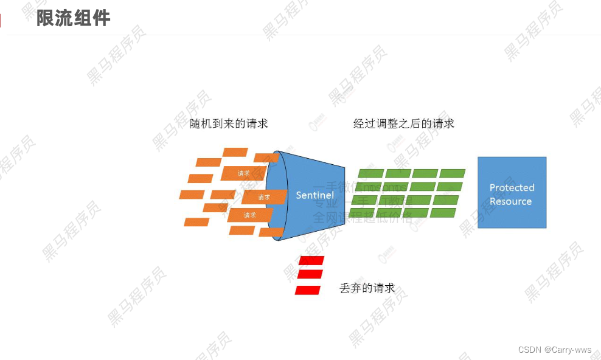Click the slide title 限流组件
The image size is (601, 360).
(73, 18)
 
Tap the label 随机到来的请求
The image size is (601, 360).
(229, 123)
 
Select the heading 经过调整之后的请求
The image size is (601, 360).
(404, 123)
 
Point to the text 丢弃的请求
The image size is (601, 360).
(367, 288)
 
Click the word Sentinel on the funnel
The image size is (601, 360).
(314, 195)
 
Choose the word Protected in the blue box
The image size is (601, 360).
(512, 187)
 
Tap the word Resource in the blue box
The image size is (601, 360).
(510, 201)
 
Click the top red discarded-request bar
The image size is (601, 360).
(312, 261)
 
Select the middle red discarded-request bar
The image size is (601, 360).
(310, 274)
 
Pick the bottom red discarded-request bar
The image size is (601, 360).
(308, 290)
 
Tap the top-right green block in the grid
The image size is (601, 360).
(453, 173)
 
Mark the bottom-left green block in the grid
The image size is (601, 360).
(362, 213)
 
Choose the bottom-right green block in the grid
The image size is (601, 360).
(443, 213)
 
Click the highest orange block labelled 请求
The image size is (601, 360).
(243, 173)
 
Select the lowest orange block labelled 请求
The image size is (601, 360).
(250, 215)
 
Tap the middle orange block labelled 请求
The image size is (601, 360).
(264, 197)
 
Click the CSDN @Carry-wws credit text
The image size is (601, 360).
(555, 350)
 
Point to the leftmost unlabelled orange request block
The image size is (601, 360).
(192, 195)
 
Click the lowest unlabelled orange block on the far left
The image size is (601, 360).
(196, 222)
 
